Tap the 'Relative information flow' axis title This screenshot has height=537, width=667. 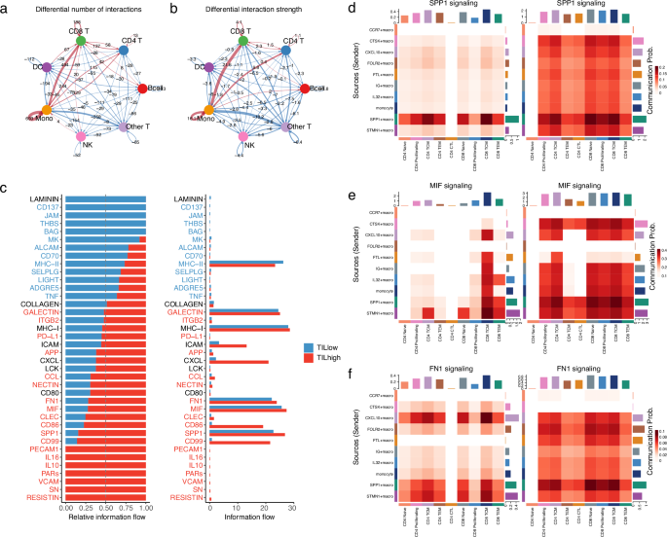tap(104, 520)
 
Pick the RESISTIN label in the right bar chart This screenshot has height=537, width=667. tap(189, 498)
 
